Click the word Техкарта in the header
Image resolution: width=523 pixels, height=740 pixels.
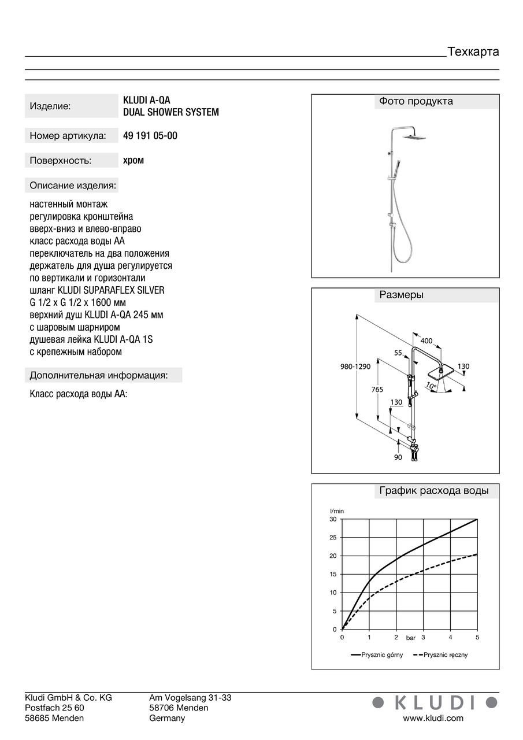click(x=473, y=51)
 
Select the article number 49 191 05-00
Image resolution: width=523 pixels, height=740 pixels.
click(x=150, y=136)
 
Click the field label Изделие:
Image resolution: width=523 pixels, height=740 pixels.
click(x=50, y=106)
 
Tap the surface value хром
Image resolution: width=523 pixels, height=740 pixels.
click(x=133, y=160)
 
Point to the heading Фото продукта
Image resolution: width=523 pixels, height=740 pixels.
click(x=416, y=101)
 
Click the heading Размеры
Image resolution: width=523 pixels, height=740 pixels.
click(x=401, y=295)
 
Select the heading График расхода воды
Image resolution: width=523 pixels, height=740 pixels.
click(x=433, y=491)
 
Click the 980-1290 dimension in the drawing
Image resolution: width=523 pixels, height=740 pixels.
click(x=355, y=366)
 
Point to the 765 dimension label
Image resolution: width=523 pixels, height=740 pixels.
click(x=377, y=390)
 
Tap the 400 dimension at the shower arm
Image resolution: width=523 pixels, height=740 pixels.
click(x=426, y=341)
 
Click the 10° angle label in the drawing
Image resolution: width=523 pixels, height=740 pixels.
click(x=431, y=385)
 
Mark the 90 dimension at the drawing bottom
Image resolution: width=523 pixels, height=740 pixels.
click(x=398, y=457)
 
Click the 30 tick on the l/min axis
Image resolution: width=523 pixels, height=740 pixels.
click(x=333, y=519)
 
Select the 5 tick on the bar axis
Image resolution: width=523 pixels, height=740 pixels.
click(x=477, y=637)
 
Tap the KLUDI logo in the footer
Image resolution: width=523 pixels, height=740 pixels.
click(x=434, y=702)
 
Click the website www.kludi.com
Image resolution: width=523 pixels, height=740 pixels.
click(x=433, y=718)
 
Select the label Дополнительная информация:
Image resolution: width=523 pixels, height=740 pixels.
click(x=99, y=375)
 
